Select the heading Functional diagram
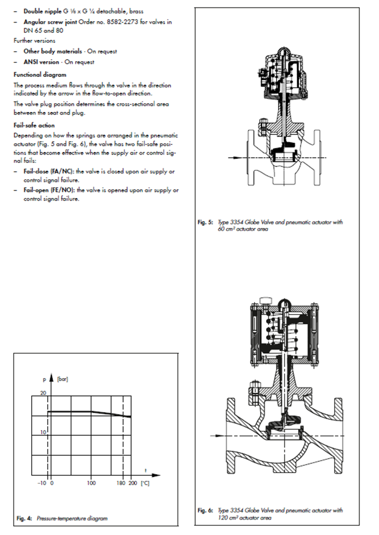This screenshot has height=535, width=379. coord(40,75)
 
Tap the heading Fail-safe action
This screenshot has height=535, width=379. coord(34,126)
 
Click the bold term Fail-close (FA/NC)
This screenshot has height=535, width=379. coord(48,171)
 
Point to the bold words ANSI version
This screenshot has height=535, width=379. coord(41,62)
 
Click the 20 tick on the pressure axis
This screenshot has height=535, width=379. coord(43,393)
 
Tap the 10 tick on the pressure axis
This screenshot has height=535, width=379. coord(43,432)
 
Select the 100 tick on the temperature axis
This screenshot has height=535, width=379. coord(91,483)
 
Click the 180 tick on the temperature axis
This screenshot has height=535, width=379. coord(121,483)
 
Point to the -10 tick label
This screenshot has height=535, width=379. coord(42,483)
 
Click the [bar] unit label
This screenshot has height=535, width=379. coord(63,379)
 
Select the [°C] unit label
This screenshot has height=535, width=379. coord(145,483)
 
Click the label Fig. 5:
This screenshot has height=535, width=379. coord(205,222)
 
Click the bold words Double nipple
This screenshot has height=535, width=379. coord(42,11)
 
